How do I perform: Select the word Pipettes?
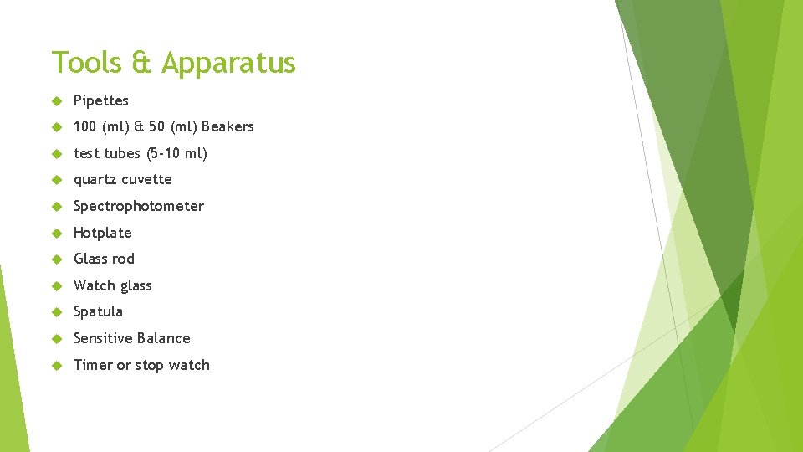(x=101, y=100)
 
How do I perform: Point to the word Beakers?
(x=228, y=126)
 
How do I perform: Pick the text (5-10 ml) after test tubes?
(x=176, y=153)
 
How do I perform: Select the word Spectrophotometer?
(x=139, y=206)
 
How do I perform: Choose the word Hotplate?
(x=103, y=233)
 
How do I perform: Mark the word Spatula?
(x=98, y=311)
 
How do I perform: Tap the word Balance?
(x=166, y=338)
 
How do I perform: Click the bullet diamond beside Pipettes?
(x=57, y=100)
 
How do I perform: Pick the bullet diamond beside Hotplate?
(x=57, y=233)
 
